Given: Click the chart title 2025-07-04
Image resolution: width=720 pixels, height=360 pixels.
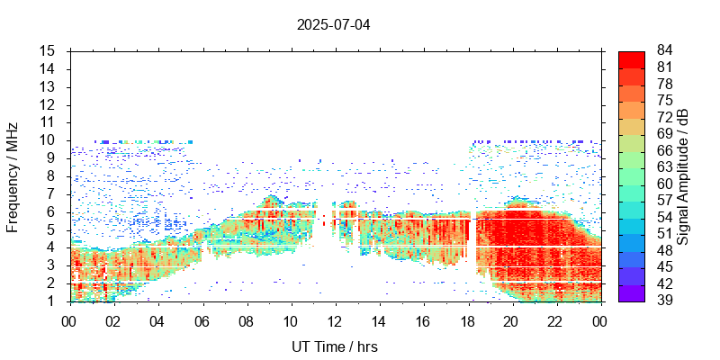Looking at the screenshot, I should pyautogui.click(x=333, y=24).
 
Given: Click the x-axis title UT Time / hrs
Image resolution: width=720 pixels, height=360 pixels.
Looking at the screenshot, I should pyautogui.click(x=334, y=346).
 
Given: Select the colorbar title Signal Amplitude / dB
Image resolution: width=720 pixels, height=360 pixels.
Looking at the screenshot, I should pyautogui.click(x=683, y=176).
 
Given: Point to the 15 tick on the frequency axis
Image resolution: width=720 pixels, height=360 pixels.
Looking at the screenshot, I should pyautogui.click(x=49, y=51).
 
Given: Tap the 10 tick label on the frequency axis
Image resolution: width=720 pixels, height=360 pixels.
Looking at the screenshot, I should pyautogui.click(x=49, y=140).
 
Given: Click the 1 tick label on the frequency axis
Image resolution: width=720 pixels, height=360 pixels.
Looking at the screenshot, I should pyautogui.click(x=52, y=301).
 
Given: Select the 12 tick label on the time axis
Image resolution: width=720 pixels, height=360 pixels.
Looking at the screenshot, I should pyautogui.click(x=334, y=320).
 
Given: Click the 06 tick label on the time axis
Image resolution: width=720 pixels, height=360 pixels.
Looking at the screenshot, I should pyautogui.click(x=202, y=320).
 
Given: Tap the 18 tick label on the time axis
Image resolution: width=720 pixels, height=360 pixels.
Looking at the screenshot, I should pyautogui.click(x=466, y=320).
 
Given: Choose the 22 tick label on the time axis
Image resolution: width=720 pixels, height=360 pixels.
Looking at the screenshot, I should pyautogui.click(x=554, y=320).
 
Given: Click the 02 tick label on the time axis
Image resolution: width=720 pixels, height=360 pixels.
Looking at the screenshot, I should pyautogui.click(x=113, y=320).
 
